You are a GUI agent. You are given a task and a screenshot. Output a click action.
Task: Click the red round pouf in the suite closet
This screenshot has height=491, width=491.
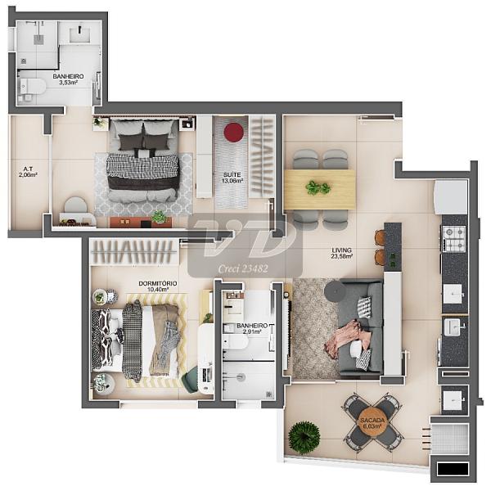pos(233,132)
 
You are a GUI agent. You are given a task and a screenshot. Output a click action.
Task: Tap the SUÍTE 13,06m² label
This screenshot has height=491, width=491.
pos(232,178)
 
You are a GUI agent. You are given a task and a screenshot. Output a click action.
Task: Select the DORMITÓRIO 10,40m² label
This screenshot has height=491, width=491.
pos(158,286)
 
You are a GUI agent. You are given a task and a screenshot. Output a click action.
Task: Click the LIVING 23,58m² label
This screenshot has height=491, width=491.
pos(342,253)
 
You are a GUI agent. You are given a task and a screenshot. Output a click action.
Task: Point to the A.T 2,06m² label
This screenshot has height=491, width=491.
pos(28,172)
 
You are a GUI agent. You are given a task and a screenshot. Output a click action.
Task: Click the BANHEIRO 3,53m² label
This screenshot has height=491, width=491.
pos(68,79)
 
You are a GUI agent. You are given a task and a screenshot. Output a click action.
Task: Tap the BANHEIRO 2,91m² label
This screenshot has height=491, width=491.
pos(252,329)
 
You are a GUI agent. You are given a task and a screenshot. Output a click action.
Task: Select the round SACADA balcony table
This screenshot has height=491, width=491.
pos(372,423)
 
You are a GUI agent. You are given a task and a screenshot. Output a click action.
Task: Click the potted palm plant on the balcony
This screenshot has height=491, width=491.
pos(304,438)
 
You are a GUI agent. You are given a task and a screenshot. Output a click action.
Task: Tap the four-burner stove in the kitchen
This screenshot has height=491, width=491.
pos(453,239)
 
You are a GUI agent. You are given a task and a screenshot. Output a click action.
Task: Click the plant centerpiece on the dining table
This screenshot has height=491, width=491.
pos(318,188)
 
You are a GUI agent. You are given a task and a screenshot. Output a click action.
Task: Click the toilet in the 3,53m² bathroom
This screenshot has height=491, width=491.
pos(33,87)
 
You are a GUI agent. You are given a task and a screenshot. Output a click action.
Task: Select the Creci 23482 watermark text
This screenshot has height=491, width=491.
pos(243,268)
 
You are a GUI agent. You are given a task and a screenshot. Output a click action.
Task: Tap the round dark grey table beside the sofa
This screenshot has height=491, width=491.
pos(335,291)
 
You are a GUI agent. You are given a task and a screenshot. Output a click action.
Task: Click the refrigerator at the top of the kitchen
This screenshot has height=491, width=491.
pos(451,197)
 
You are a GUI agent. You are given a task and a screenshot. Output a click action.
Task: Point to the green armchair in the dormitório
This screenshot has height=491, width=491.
pos(190,378)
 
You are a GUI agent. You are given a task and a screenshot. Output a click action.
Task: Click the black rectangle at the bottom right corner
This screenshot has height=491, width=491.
pos(453,469)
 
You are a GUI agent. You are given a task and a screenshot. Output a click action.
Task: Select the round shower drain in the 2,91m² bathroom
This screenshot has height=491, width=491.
pos(241,377)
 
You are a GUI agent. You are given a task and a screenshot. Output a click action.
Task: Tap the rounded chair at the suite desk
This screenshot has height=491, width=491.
pos(75,205)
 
